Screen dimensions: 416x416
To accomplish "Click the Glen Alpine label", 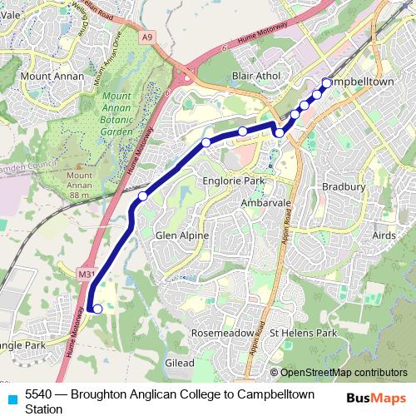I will (x=182, y=236).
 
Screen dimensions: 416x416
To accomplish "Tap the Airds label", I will (x=384, y=236).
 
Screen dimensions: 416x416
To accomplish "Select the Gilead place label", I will (x=180, y=364).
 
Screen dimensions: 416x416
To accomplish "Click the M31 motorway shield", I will (x=86, y=274).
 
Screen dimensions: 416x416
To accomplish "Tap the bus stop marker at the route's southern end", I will (x=97, y=310).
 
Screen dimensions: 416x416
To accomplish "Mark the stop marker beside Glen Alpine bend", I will (x=143, y=196).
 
